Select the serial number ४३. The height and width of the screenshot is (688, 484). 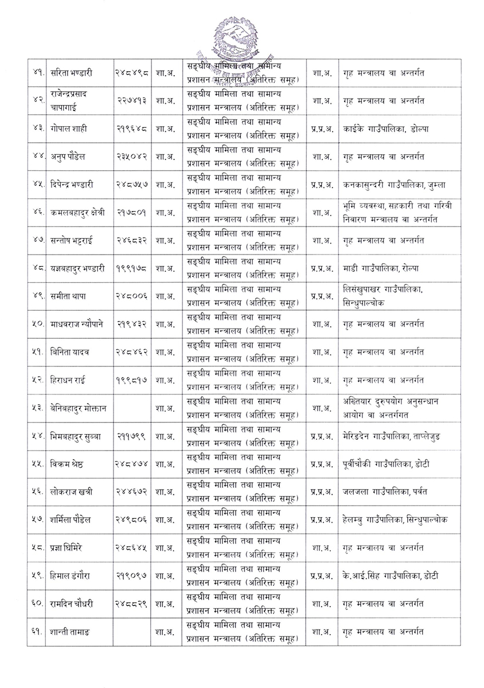click(x=38, y=128)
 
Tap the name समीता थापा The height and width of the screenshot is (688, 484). click(x=69, y=296)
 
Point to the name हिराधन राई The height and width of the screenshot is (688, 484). click(x=69, y=380)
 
